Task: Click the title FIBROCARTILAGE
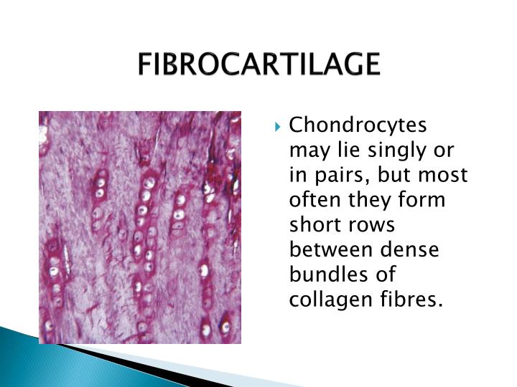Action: click(258, 64)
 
